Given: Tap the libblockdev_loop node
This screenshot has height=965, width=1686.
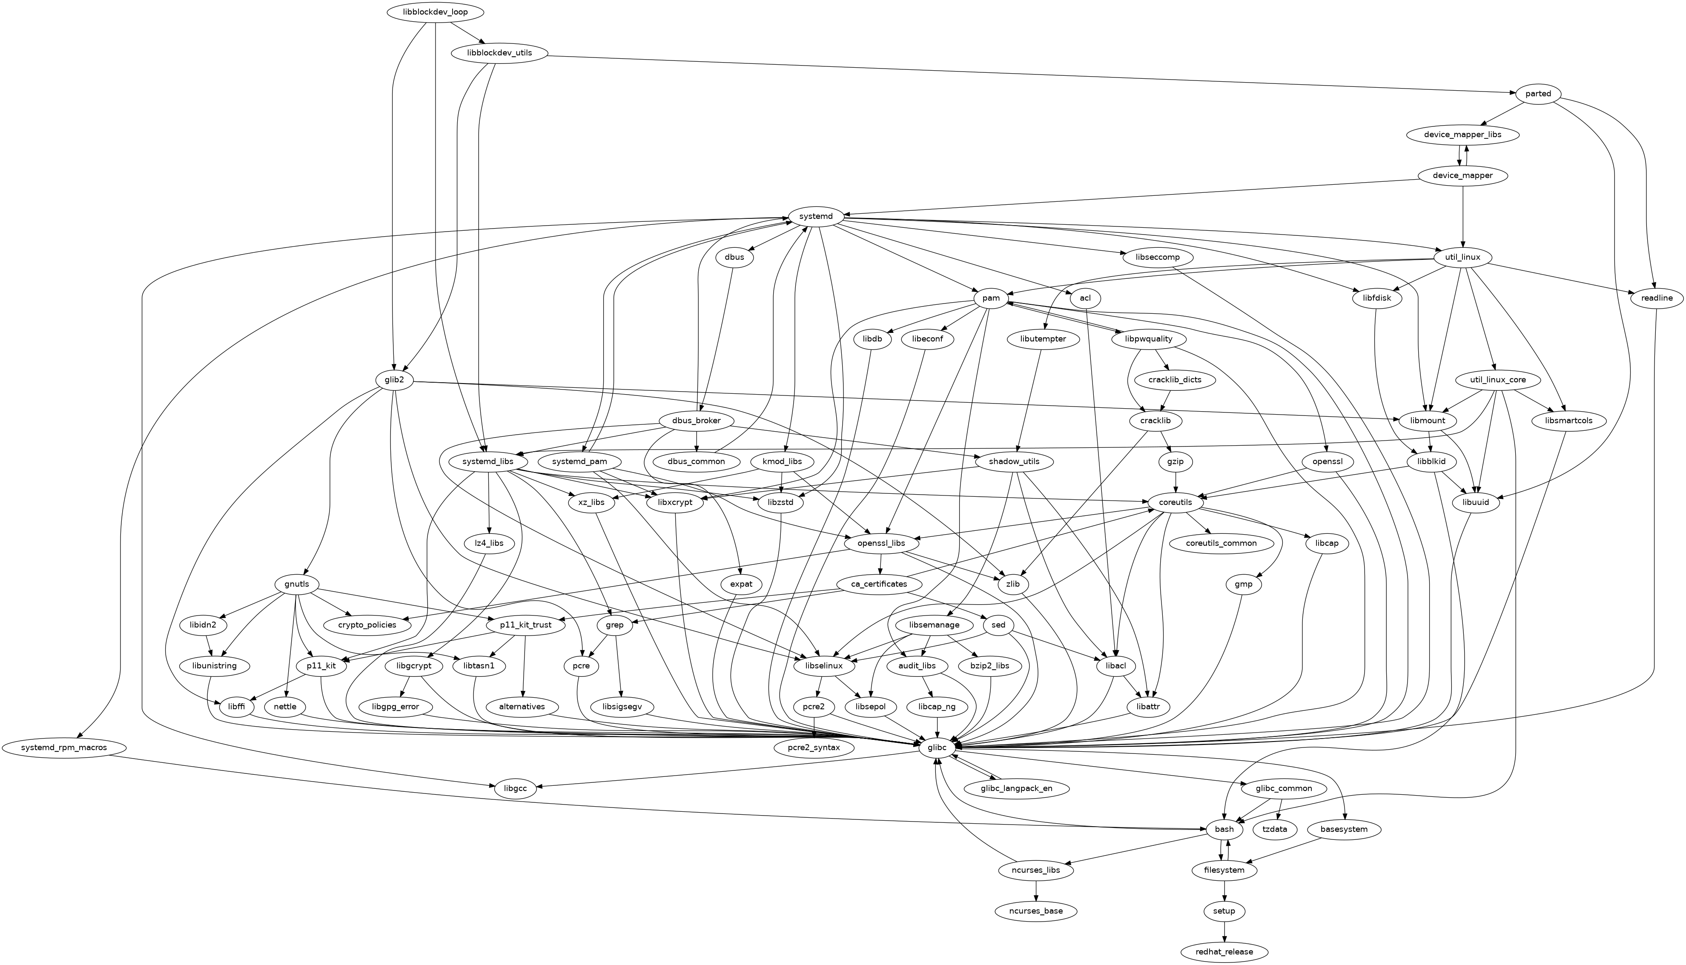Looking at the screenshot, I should (434, 12).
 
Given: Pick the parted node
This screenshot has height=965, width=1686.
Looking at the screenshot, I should (1537, 94).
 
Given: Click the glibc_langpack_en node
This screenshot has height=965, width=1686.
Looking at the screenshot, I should (1017, 788).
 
